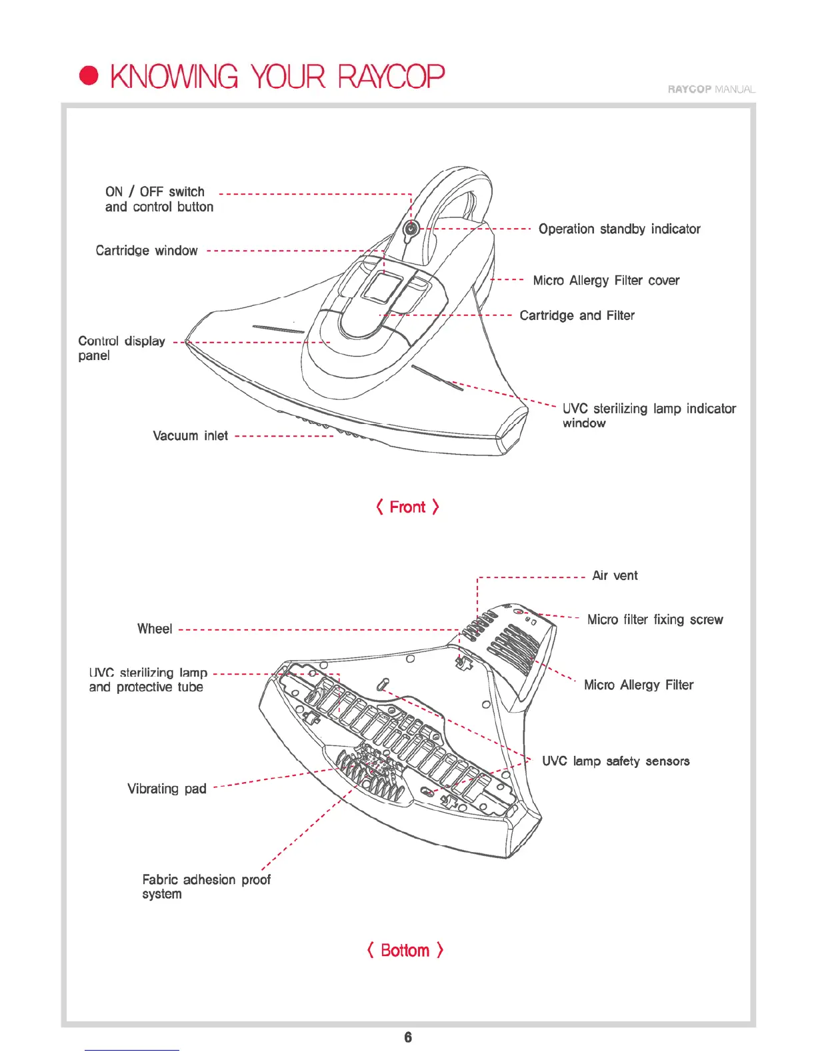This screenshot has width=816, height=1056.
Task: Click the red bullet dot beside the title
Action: pyautogui.click(x=89, y=76)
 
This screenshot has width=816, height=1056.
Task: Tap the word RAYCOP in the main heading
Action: pyautogui.click(x=391, y=77)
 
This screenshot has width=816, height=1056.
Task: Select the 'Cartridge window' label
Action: pyautogui.click(x=147, y=251)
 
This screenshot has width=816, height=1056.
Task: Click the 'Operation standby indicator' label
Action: pyautogui.click(x=619, y=229)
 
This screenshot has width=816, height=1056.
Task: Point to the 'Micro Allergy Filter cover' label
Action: pyautogui.click(x=606, y=281)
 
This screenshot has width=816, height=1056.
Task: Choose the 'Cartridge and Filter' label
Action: pyautogui.click(x=577, y=315)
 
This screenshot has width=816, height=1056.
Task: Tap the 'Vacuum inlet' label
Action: pyautogui.click(x=190, y=436)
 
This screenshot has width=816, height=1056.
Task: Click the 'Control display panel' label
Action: pyautogui.click(x=121, y=348)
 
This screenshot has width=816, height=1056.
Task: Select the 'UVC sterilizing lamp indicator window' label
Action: pyautogui.click(x=649, y=415)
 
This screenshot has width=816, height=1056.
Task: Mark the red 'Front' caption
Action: pyautogui.click(x=407, y=507)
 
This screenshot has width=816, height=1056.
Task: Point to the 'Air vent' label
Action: pyautogui.click(x=615, y=576)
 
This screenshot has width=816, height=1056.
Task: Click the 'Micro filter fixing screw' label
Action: pyautogui.click(x=655, y=620)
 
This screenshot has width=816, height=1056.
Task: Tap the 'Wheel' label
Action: pyautogui.click(x=155, y=629)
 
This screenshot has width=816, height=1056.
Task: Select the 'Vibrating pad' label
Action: pyautogui.click(x=167, y=789)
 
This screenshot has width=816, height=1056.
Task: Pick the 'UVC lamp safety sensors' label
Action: pyautogui.click(x=615, y=761)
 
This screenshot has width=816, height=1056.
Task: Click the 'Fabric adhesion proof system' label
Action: pyautogui.click(x=206, y=887)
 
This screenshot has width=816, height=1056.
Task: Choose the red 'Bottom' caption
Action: pyautogui.click(x=405, y=951)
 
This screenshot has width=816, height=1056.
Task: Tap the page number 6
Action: pyautogui.click(x=408, y=1037)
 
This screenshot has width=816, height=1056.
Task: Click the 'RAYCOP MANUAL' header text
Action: pyautogui.click(x=711, y=89)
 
